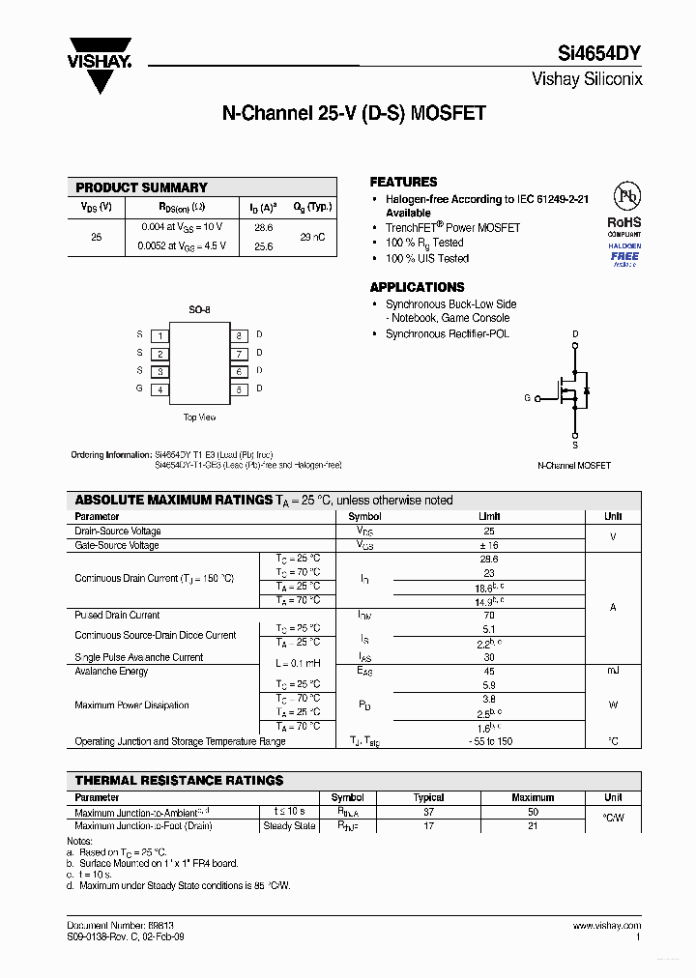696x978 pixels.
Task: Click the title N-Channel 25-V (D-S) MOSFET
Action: point(354,114)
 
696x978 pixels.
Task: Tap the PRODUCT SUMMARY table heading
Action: point(141,187)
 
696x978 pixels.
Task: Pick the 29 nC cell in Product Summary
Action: point(311,236)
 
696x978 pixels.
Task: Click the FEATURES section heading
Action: point(403,182)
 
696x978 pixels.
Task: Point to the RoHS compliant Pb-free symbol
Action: point(625,198)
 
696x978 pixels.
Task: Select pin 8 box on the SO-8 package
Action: point(239,335)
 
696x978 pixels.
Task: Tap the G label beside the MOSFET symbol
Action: point(527,398)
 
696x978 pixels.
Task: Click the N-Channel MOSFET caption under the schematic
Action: point(574,465)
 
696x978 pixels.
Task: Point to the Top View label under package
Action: point(199,417)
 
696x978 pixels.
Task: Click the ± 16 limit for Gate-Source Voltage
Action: point(489,545)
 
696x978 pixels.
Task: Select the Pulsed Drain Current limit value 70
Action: point(489,615)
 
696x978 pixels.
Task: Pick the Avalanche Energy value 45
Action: point(489,671)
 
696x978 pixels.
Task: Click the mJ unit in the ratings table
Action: point(613,671)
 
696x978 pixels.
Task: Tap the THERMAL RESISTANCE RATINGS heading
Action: point(179,780)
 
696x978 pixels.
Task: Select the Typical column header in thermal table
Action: point(428,797)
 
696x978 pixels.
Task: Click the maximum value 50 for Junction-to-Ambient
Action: point(533,812)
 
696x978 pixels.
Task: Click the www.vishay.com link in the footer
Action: point(607,926)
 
